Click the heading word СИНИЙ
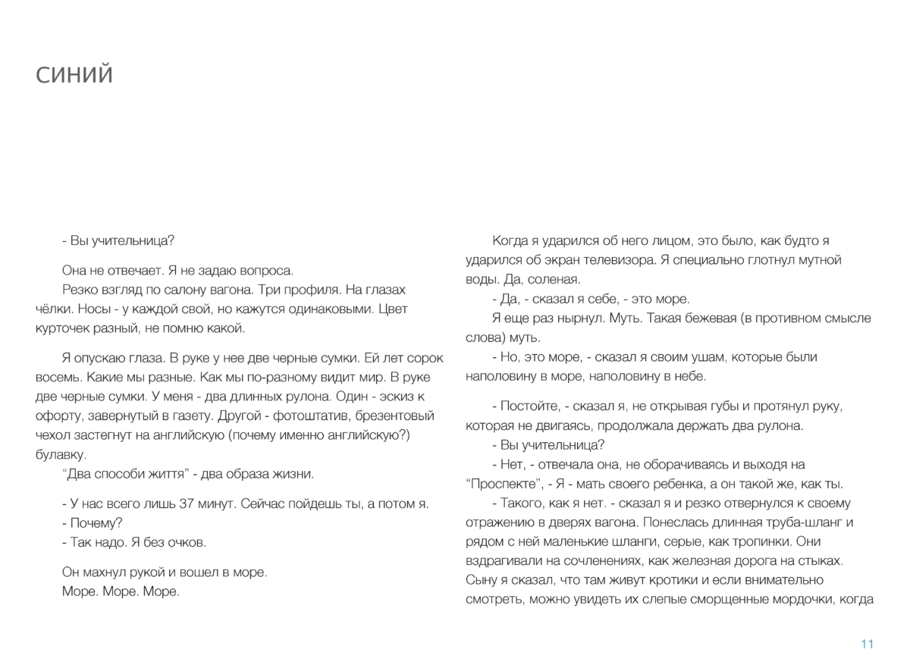pos(74,75)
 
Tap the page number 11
pos(868,644)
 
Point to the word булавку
pos(61,455)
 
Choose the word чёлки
pos(52,309)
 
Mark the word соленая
pos(556,279)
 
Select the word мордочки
pos(799,599)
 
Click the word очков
pos(187,543)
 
